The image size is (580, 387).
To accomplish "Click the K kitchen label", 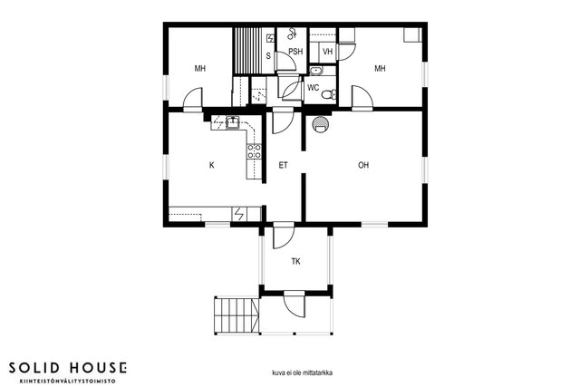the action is pyautogui.click(x=211, y=165).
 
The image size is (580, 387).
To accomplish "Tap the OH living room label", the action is pyautogui.click(x=363, y=165).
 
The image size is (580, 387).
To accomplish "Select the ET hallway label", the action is pyautogui.click(x=283, y=165).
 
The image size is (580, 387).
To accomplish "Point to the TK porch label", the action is pyautogui.click(x=295, y=262).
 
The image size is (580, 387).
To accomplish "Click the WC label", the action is pyautogui.click(x=313, y=88).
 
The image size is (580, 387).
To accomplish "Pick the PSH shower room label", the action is pyautogui.click(x=295, y=52).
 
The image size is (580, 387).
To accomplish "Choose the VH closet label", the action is pyautogui.click(x=327, y=52).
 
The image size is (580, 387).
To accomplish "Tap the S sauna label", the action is pyautogui.click(x=268, y=56).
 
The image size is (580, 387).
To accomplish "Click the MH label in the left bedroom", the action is pyautogui.click(x=199, y=69).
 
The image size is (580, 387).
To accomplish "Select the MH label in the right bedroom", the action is pyautogui.click(x=380, y=69).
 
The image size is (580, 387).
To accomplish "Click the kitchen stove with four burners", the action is pyautogui.click(x=254, y=151).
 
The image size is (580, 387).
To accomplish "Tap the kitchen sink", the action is pyautogui.click(x=233, y=122).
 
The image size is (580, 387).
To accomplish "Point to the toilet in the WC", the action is pyautogui.click(x=328, y=95).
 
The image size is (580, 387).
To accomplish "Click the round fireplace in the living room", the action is pyautogui.click(x=319, y=124).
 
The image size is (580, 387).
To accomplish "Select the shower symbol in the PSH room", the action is pyautogui.click(x=292, y=34).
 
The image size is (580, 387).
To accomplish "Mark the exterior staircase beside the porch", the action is pyautogui.click(x=236, y=314).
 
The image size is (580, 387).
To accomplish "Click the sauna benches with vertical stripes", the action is pyautogui.click(x=246, y=51).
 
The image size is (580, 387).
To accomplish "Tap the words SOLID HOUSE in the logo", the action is pyautogui.click(x=68, y=368).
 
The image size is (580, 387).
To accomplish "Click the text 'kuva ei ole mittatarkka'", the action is pyautogui.click(x=302, y=372).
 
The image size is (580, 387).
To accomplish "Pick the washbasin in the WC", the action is pyautogui.click(x=316, y=71).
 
